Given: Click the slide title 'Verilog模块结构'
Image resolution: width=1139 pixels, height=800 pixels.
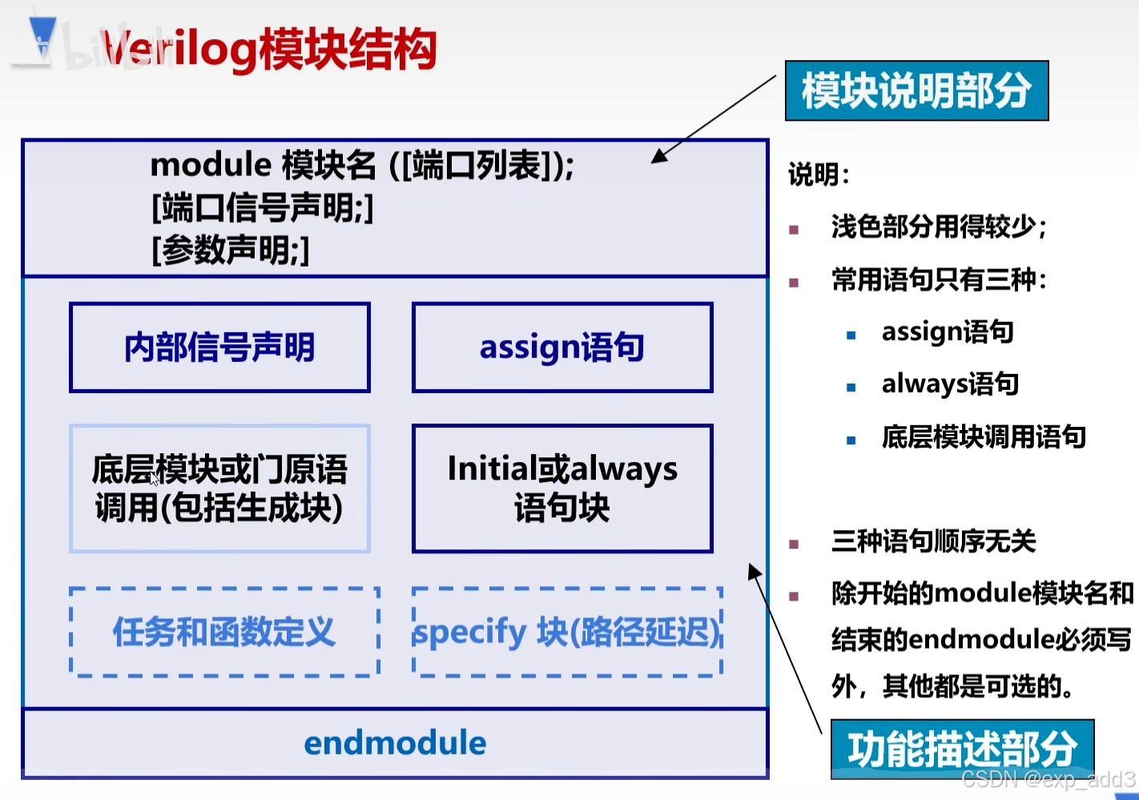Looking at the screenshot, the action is (x=269, y=50).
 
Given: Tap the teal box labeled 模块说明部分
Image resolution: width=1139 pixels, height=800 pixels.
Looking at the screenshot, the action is (x=916, y=90).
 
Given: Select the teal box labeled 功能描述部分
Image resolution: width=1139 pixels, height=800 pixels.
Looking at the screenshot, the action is (x=962, y=749).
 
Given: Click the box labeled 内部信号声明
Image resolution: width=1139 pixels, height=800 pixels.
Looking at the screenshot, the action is (x=219, y=348).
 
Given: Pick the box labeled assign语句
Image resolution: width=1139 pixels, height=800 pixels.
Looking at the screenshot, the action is (x=562, y=348).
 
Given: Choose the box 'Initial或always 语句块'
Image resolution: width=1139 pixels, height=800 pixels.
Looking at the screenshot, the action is (x=562, y=488).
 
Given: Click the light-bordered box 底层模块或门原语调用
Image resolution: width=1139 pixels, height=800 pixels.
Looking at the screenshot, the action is (x=219, y=488).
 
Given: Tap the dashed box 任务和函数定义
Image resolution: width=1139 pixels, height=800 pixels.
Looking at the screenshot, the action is (x=224, y=632).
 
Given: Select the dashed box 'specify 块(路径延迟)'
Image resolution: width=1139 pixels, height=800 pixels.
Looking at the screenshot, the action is (x=567, y=632).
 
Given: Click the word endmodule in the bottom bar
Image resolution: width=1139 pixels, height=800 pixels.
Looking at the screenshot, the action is (x=395, y=743).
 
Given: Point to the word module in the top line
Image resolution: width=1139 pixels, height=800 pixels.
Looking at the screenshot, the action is (x=211, y=165).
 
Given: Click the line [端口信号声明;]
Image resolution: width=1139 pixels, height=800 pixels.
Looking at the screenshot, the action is (x=262, y=208).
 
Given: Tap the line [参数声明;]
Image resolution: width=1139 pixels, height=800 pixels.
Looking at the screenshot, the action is (x=230, y=250).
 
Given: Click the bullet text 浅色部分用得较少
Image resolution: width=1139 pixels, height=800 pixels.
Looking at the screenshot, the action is (x=938, y=227).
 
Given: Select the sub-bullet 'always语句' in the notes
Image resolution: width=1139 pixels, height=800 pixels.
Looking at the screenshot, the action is (x=950, y=384).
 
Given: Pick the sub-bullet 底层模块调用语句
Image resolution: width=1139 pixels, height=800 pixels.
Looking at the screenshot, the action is (x=984, y=436).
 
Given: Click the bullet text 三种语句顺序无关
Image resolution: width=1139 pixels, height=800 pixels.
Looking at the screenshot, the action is (x=933, y=541).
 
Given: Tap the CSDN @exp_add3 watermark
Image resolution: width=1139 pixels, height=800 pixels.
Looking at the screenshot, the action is (x=1048, y=779).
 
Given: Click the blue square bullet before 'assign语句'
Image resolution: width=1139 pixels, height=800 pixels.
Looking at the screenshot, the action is (x=851, y=335).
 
